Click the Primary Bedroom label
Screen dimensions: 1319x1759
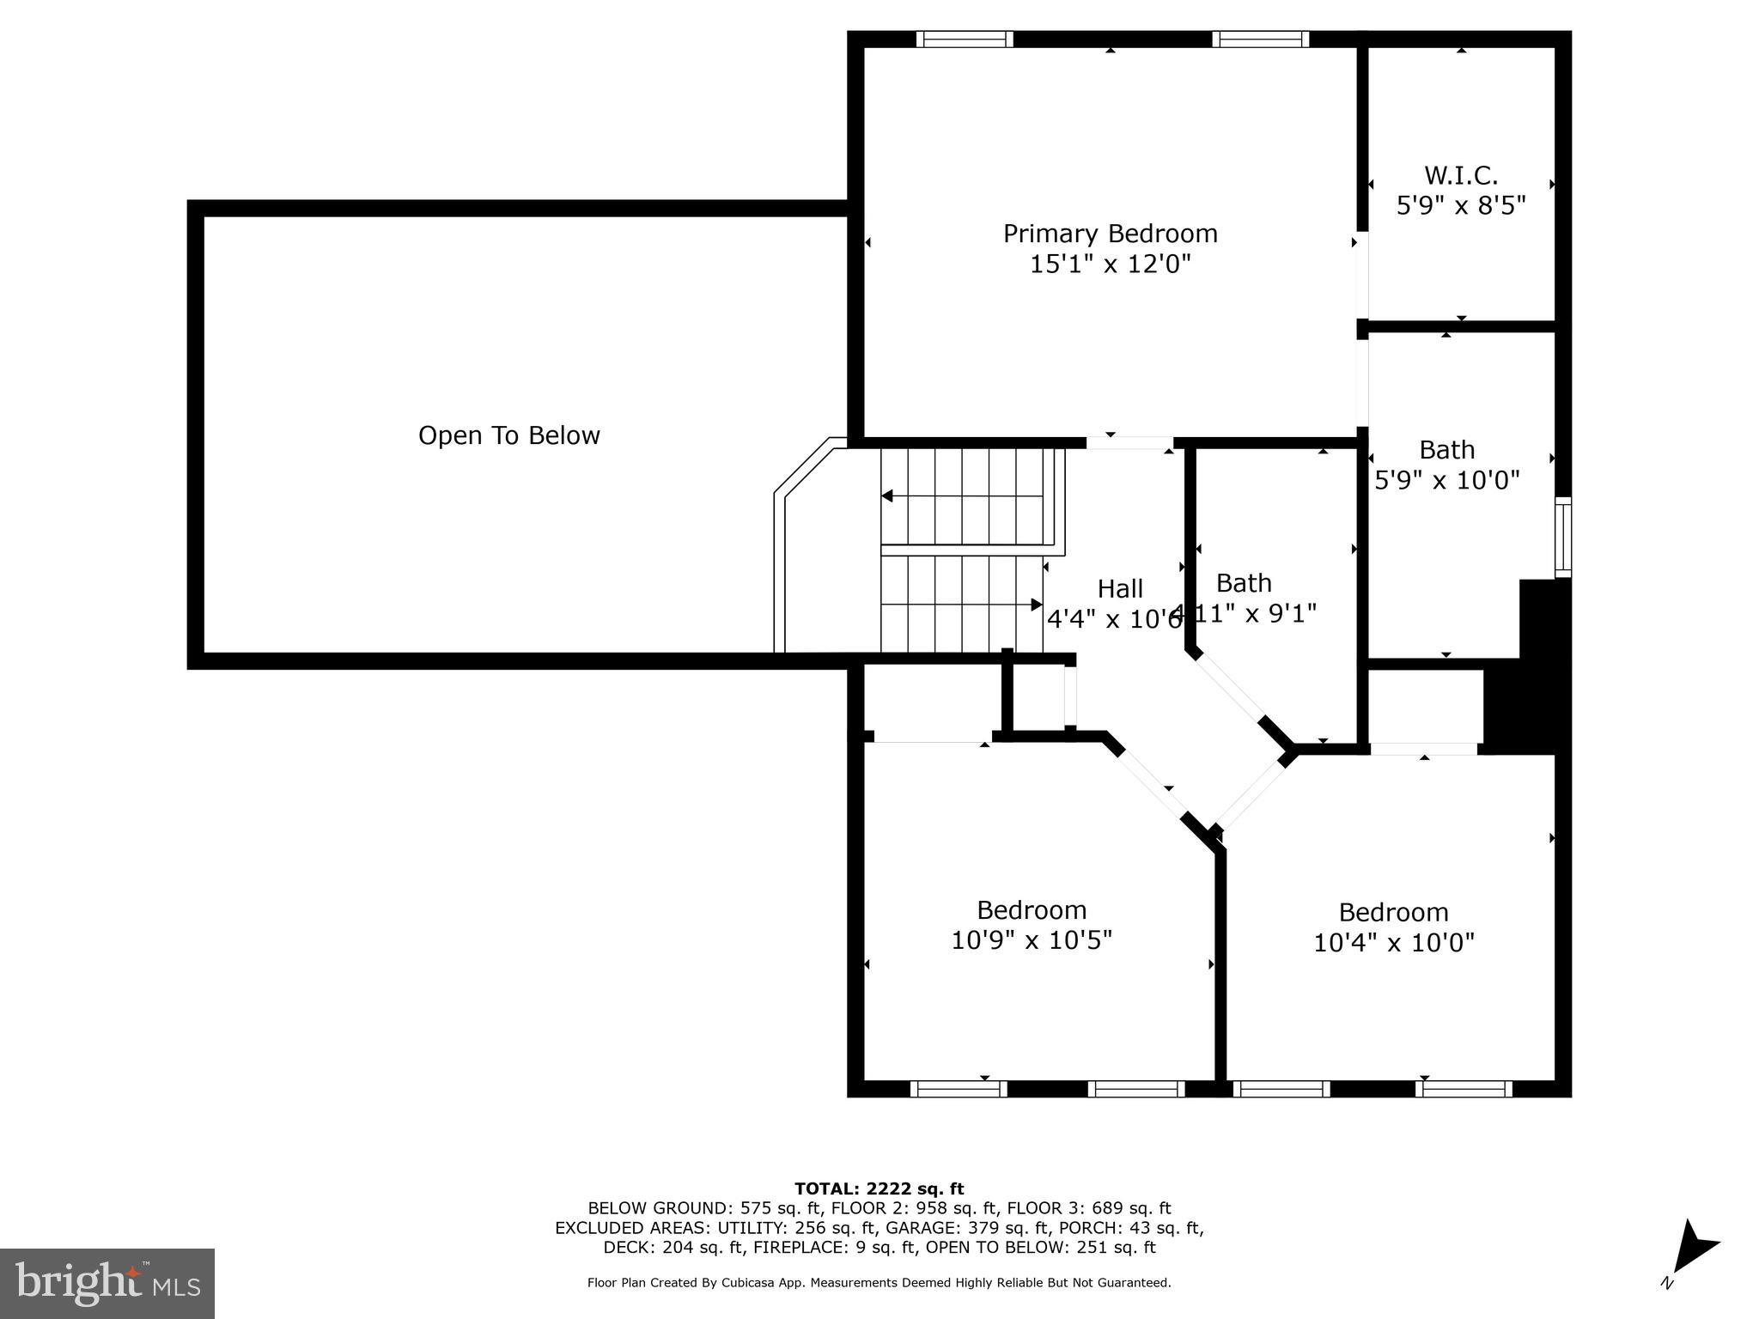click(x=1110, y=234)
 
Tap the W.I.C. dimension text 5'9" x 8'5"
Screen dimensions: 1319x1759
click(x=1460, y=206)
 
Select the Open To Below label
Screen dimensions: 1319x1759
click(x=508, y=435)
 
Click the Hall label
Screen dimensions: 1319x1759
click(x=1120, y=588)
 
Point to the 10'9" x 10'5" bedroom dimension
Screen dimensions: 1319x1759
click(x=1031, y=940)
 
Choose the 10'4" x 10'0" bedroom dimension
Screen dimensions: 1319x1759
click(x=1393, y=943)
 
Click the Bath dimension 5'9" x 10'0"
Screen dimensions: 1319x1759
click(x=1447, y=480)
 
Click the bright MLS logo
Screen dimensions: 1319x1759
click(x=107, y=1283)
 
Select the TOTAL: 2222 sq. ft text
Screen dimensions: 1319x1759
click(x=879, y=1188)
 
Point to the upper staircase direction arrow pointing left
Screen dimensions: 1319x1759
click(x=888, y=496)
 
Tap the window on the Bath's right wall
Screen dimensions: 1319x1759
click(x=1563, y=538)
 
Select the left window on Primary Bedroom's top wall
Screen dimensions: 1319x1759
click(x=964, y=39)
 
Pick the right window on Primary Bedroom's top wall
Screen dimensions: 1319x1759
click(x=1260, y=39)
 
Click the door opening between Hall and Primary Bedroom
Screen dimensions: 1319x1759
click(x=1129, y=443)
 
